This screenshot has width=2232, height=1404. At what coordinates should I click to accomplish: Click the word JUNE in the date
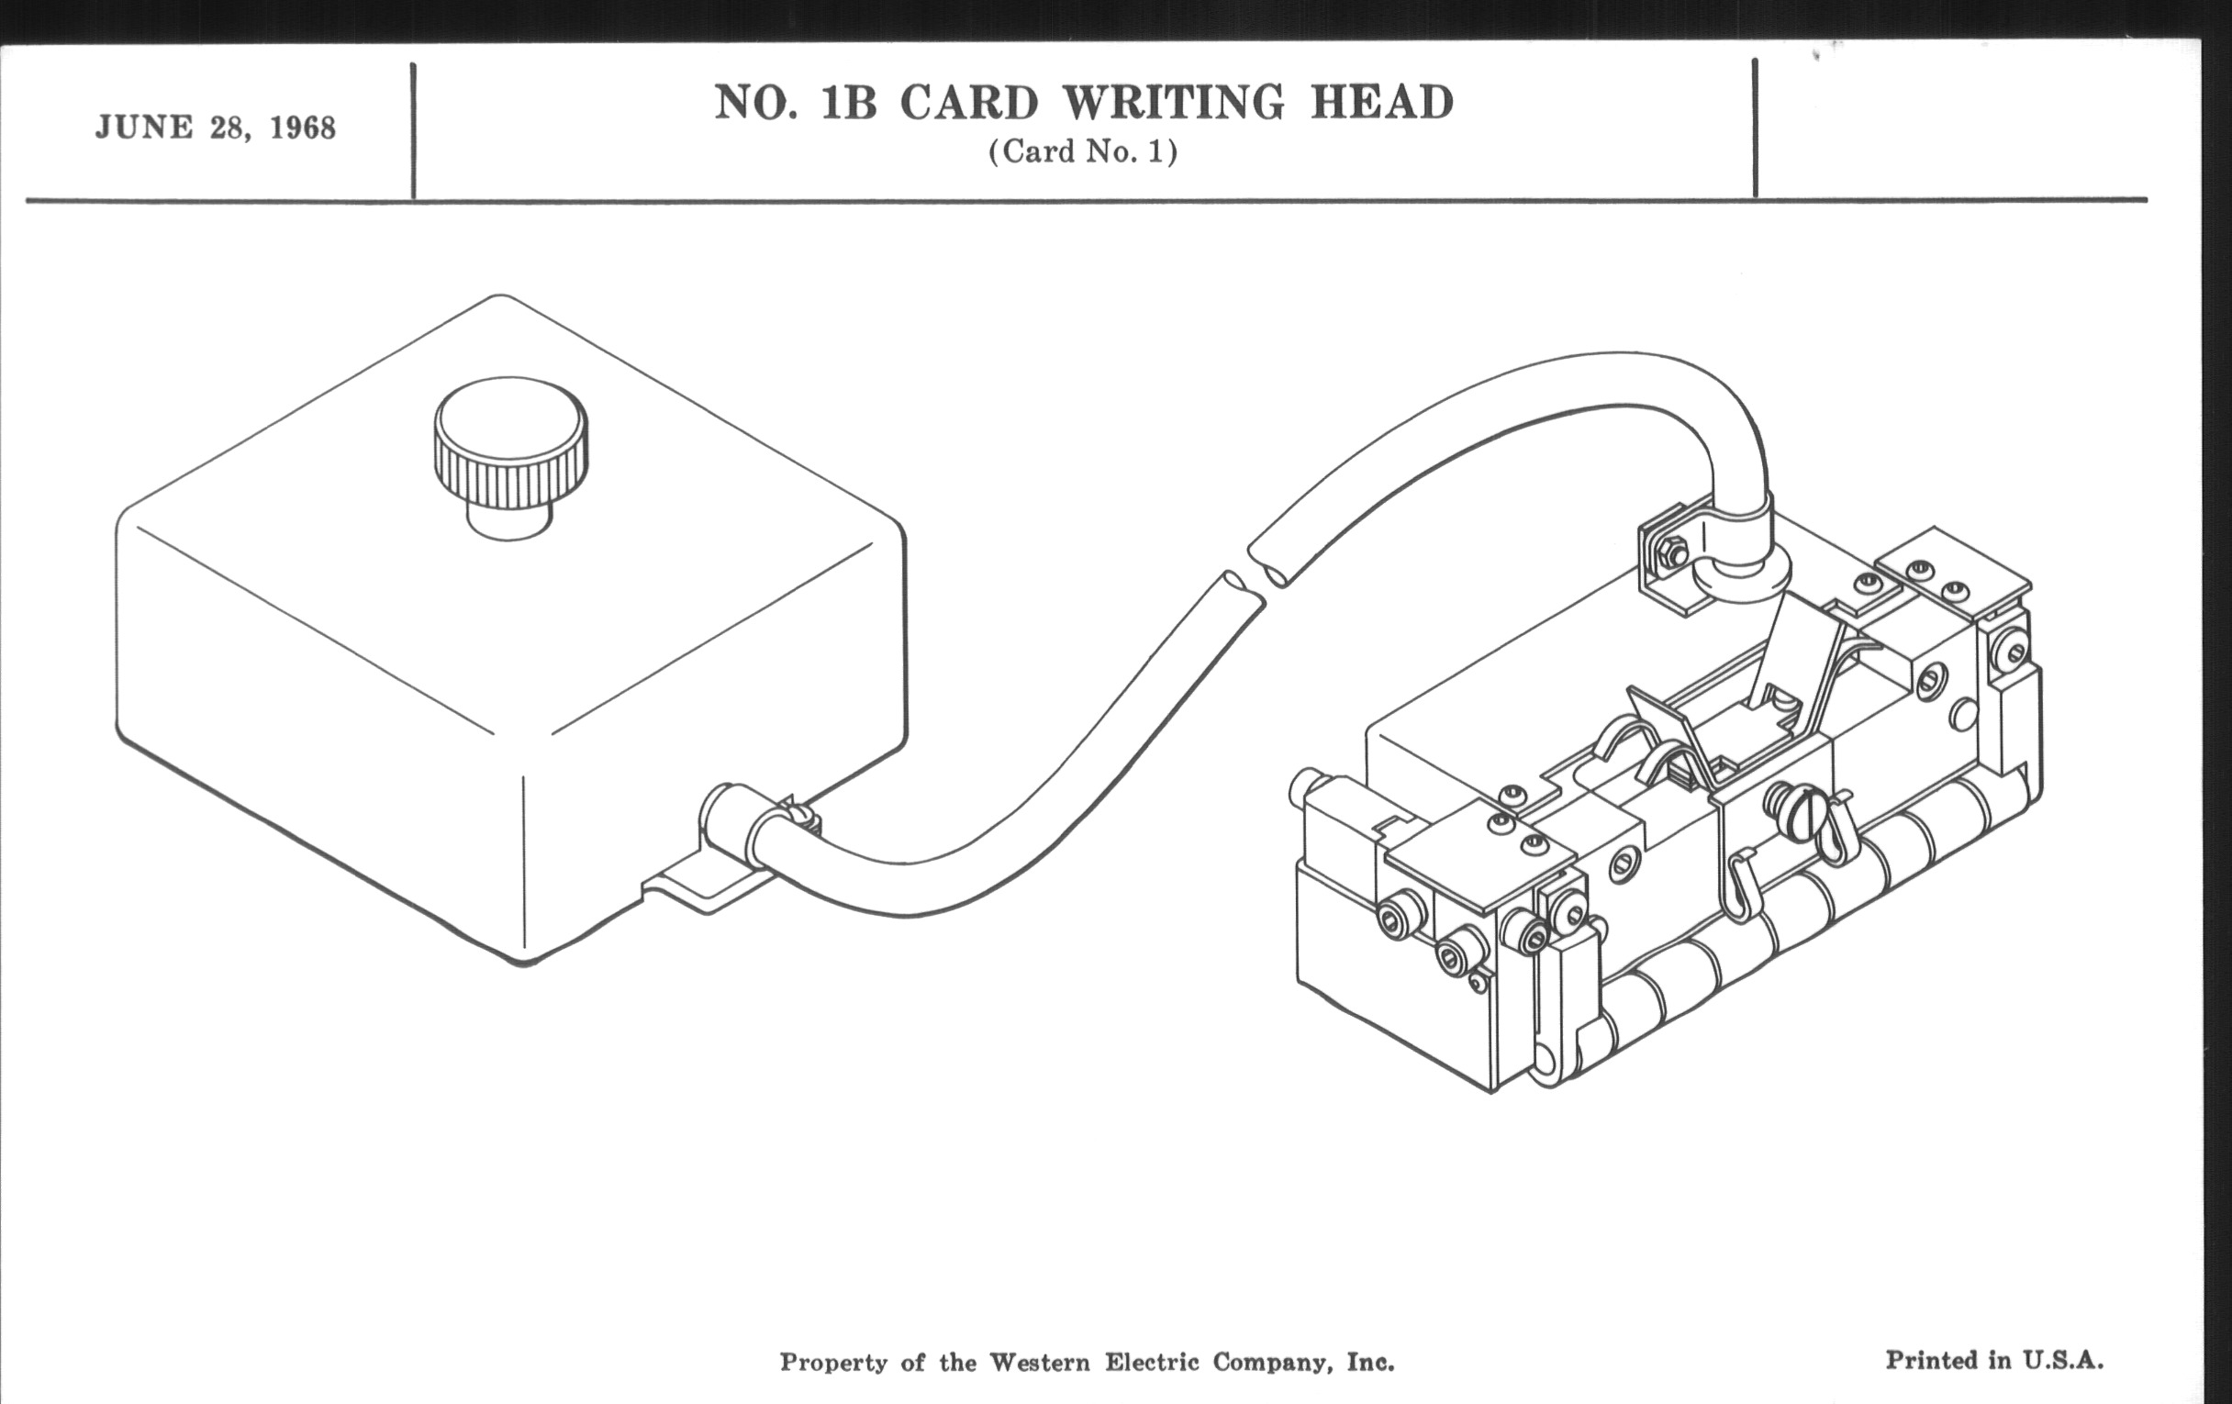pos(144,127)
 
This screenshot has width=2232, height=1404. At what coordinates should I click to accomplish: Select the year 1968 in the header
pos(302,128)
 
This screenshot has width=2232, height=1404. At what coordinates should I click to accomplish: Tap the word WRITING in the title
pos(1174,102)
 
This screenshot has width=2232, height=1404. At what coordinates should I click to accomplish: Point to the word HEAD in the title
pos(1381,102)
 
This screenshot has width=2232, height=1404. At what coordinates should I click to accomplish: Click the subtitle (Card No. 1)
pos(1083,151)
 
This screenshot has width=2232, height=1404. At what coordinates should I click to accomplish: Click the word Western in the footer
pos(1040,1362)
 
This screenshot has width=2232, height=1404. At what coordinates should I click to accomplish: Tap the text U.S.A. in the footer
pos(2062,1361)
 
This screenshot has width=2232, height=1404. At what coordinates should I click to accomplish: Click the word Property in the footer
pos(833,1363)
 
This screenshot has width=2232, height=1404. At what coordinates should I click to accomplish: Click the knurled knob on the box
pos(509,445)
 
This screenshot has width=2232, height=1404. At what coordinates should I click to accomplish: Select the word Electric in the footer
pos(1152,1362)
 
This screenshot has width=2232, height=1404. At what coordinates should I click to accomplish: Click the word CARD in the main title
pos(969,102)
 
